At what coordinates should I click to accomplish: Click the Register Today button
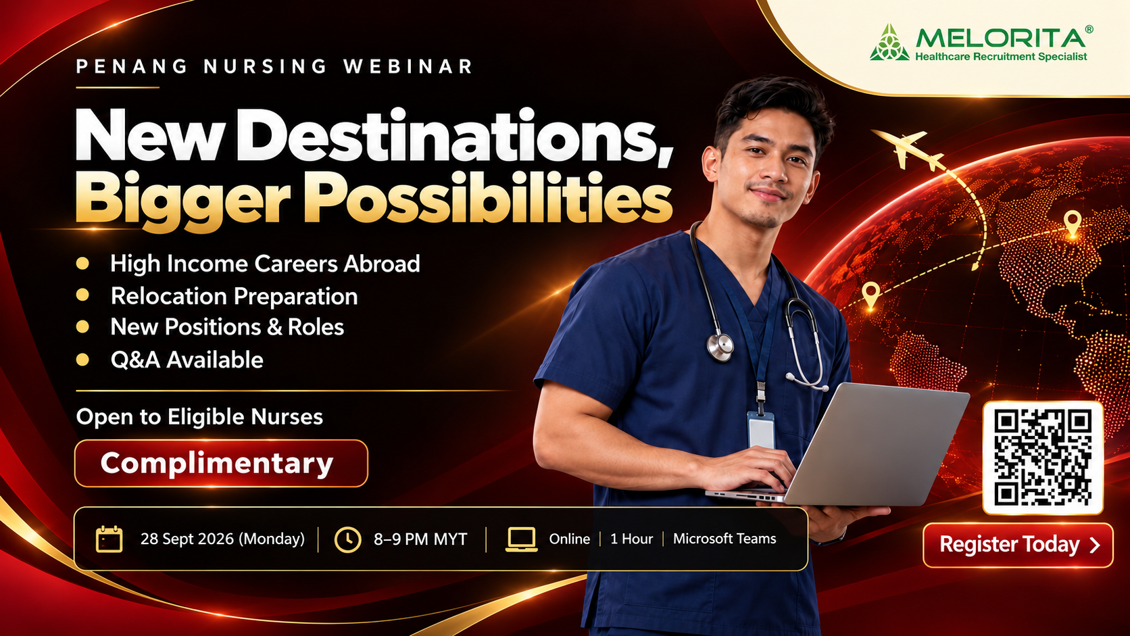pyautogui.click(x=1018, y=545)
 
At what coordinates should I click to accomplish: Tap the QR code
pyautogui.click(x=1043, y=458)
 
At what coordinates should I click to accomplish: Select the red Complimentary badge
pyautogui.click(x=221, y=463)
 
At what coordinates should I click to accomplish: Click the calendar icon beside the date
pyautogui.click(x=109, y=539)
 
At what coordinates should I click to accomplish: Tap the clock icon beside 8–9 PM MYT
pyautogui.click(x=347, y=539)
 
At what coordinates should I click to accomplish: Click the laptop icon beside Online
pyautogui.click(x=521, y=539)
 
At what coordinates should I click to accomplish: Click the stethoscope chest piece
pyautogui.click(x=720, y=347)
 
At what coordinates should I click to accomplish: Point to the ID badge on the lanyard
pyautogui.click(x=761, y=431)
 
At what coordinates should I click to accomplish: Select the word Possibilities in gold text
pyautogui.click(x=487, y=199)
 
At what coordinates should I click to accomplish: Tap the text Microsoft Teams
pyautogui.click(x=724, y=539)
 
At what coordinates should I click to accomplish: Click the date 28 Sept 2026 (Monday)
pyautogui.click(x=222, y=539)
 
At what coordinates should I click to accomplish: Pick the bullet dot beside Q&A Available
pyautogui.click(x=82, y=360)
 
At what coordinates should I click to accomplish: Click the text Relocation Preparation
pyautogui.click(x=234, y=296)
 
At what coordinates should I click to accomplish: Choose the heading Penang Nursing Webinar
pyautogui.click(x=274, y=67)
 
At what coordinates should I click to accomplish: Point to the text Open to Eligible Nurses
pyautogui.click(x=199, y=417)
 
